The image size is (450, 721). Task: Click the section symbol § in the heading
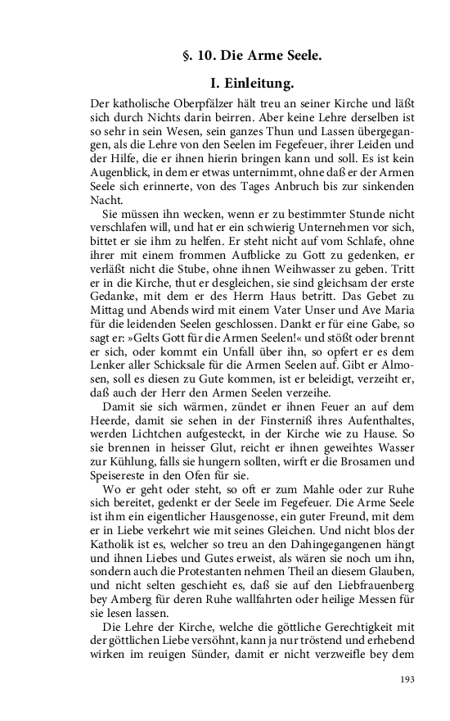pyautogui.click(x=187, y=57)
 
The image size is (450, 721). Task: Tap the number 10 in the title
pyautogui.click(x=204, y=57)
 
